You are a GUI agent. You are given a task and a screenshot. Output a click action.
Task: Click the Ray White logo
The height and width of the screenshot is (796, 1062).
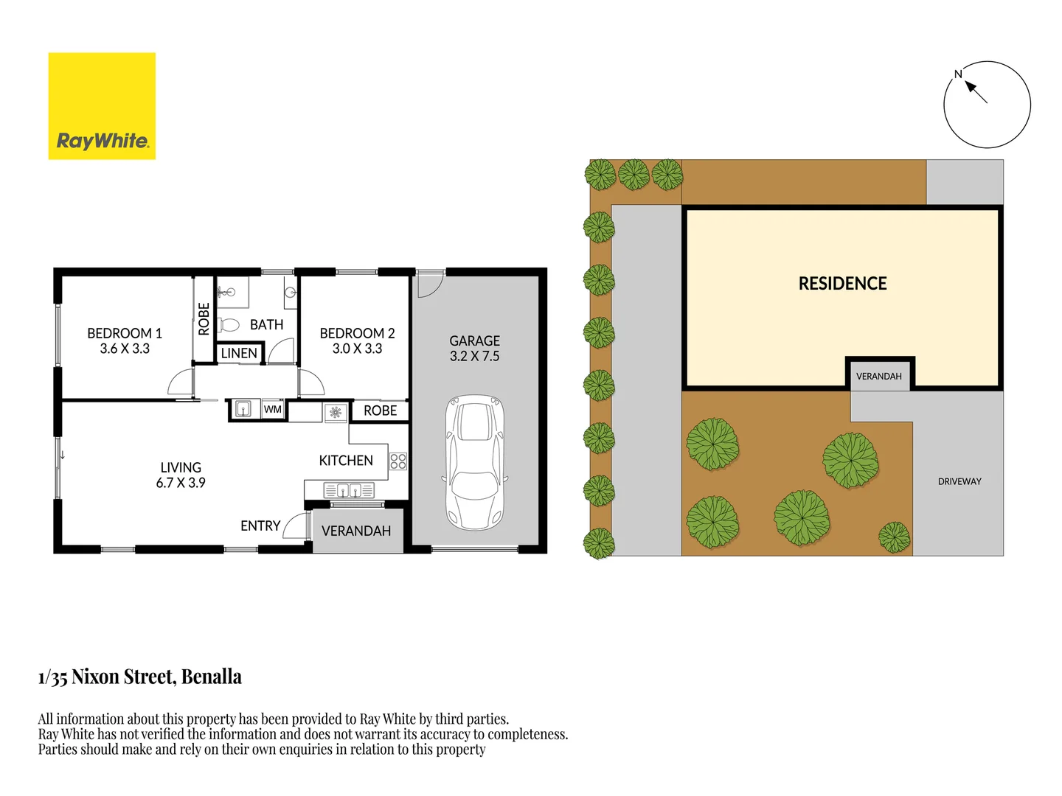point(102,106)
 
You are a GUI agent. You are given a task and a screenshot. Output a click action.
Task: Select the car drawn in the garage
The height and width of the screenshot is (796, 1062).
point(474,462)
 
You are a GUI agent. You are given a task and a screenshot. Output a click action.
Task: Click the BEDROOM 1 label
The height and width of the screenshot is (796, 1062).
point(125,333)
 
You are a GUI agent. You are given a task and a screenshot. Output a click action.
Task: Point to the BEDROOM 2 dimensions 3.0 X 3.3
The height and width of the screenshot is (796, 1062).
point(357,349)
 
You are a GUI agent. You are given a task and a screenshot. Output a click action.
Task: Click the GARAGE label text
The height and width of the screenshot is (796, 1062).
point(474,341)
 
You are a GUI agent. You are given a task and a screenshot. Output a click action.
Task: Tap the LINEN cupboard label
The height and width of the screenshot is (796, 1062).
point(239,354)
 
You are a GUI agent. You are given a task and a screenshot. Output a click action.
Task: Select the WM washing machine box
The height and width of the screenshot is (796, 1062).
point(273,410)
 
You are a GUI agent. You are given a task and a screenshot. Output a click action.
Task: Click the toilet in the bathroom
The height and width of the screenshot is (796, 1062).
point(229,324)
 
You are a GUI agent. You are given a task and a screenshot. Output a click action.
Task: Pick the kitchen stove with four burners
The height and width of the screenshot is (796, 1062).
point(398,461)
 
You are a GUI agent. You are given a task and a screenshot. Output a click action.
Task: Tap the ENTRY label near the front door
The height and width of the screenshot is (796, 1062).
point(260,526)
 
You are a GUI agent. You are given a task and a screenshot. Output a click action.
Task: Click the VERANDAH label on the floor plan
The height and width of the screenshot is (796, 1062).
point(356,531)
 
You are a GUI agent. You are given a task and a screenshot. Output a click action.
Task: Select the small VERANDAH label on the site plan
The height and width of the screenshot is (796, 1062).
point(878,377)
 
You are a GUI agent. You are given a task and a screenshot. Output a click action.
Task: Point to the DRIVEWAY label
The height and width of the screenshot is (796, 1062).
point(959,481)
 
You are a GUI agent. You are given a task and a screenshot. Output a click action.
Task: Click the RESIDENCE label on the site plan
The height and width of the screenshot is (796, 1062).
point(842,284)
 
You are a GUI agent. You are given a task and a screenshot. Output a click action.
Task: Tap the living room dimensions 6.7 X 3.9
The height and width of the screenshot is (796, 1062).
point(181,483)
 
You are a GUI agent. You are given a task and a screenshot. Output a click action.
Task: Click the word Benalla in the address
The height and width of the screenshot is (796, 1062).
point(212,677)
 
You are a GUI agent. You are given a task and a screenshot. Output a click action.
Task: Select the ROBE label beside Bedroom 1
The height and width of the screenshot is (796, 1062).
point(204,319)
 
